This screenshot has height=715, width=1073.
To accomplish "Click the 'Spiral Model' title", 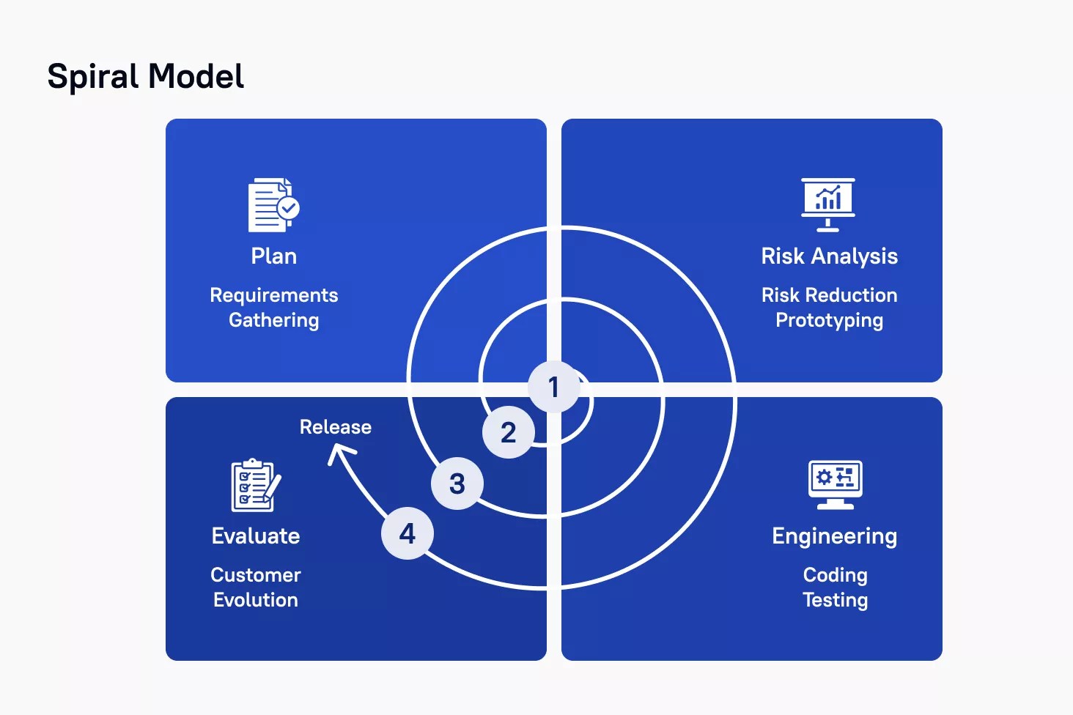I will (145, 77).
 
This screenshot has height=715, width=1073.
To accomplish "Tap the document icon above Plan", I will (273, 205).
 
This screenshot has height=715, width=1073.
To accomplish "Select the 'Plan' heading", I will (273, 256).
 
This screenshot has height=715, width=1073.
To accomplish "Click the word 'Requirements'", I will (273, 295).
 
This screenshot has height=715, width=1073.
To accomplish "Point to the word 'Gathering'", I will (273, 320).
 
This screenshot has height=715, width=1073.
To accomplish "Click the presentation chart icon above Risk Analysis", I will (827, 204).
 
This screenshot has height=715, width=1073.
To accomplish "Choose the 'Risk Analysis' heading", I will (829, 256).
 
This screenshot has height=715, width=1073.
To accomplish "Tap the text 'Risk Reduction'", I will (829, 295).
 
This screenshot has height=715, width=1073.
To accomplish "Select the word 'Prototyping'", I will (829, 320).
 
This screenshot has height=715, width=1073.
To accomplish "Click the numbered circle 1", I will (554, 387).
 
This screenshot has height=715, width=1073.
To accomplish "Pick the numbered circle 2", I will (508, 432).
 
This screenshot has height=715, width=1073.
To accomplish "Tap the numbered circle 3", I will (457, 484).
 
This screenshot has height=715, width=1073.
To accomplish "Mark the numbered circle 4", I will (408, 533).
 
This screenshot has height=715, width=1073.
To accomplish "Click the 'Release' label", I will (336, 427).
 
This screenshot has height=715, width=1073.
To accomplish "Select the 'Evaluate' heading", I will (256, 536).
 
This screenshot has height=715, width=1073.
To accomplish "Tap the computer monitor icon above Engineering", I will (835, 484).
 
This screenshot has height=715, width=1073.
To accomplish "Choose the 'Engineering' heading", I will (834, 536).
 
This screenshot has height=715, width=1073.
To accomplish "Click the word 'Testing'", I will (835, 600).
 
